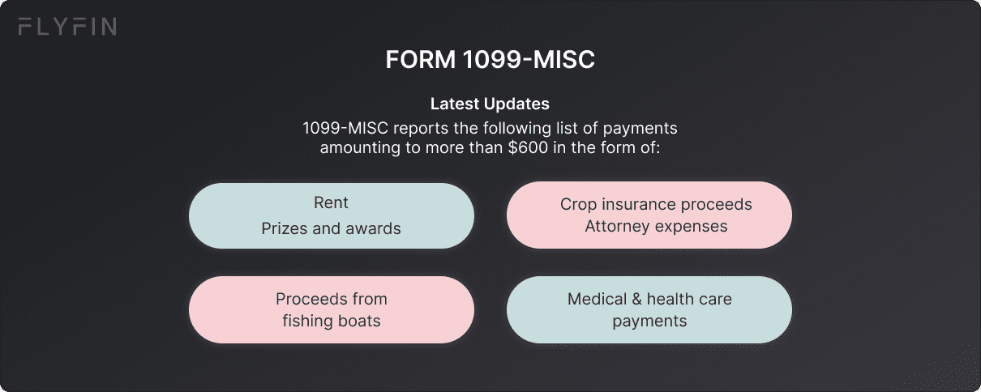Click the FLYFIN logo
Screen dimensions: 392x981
click(66, 28)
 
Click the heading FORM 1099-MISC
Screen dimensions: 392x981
click(490, 60)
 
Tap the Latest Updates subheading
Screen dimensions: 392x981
click(490, 104)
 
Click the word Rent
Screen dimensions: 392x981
click(331, 202)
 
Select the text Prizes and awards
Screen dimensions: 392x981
click(331, 228)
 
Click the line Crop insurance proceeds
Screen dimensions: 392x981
click(656, 204)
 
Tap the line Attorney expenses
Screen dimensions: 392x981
click(656, 226)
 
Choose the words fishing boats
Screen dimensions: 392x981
click(331, 321)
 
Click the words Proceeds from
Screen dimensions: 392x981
click(331, 299)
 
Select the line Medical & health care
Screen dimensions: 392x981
click(649, 299)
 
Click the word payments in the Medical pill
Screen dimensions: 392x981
click(649, 321)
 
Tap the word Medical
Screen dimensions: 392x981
click(596, 299)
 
